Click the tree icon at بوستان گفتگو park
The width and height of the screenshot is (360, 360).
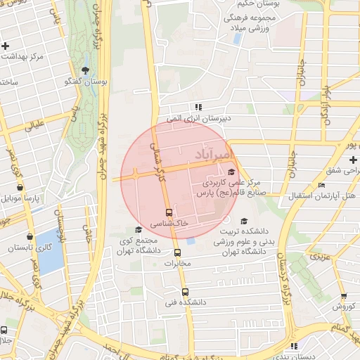coord(85,70)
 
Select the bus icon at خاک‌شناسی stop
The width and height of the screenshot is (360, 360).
coord(169,212)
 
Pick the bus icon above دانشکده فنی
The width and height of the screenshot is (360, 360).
coord(185,292)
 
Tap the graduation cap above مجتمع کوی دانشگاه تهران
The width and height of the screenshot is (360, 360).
coord(138,229)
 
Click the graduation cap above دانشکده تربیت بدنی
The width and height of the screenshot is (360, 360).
coord(245,220)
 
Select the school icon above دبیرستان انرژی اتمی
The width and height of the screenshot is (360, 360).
coord(200,108)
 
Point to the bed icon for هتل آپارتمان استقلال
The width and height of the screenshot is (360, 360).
coord(321,185)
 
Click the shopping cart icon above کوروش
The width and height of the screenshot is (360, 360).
coord(343,296)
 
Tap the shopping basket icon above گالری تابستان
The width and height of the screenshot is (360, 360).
coord(30,236)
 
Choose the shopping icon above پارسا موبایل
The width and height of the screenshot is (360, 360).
coord(20,187)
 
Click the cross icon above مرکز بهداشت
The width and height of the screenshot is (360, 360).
coord(6,46)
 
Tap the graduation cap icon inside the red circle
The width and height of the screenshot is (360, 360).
coord(231,172)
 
